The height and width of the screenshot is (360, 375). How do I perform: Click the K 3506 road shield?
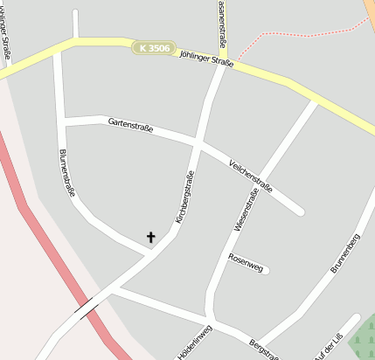coord(154,48)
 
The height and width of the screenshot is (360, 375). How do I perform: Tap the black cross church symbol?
coord(150,236)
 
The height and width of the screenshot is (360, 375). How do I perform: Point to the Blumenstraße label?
coord(66,172)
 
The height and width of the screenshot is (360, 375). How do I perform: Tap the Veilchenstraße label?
coord(250,177)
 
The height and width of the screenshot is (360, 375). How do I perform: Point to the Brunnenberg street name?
coord(345,253)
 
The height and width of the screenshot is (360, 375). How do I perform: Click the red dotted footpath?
coord(297,33)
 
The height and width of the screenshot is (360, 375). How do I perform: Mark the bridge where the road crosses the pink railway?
coord(86,308)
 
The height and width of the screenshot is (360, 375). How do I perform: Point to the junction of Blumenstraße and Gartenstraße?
coord(64,121)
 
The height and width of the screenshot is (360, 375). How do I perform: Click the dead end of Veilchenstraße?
coord(300,211)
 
